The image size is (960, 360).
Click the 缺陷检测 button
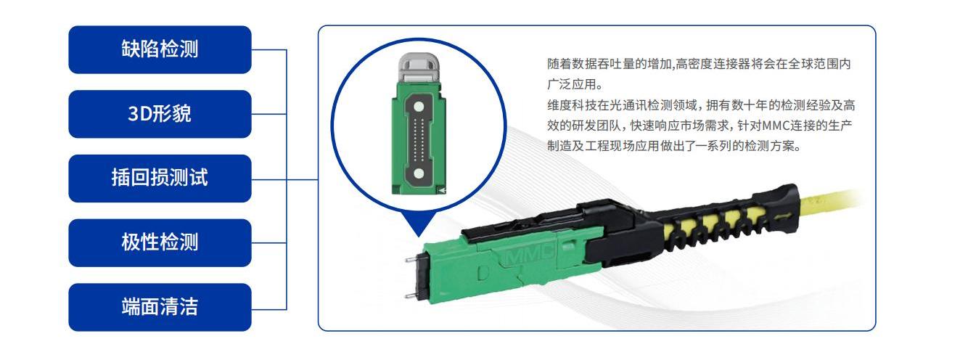tap(160, 49)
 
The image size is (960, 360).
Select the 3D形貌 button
tap(160, 114)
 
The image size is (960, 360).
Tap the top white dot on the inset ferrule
tap(419, 106)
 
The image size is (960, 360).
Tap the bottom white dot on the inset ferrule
tap(419, 173)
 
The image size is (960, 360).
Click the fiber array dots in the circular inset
tap(419, 139)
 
